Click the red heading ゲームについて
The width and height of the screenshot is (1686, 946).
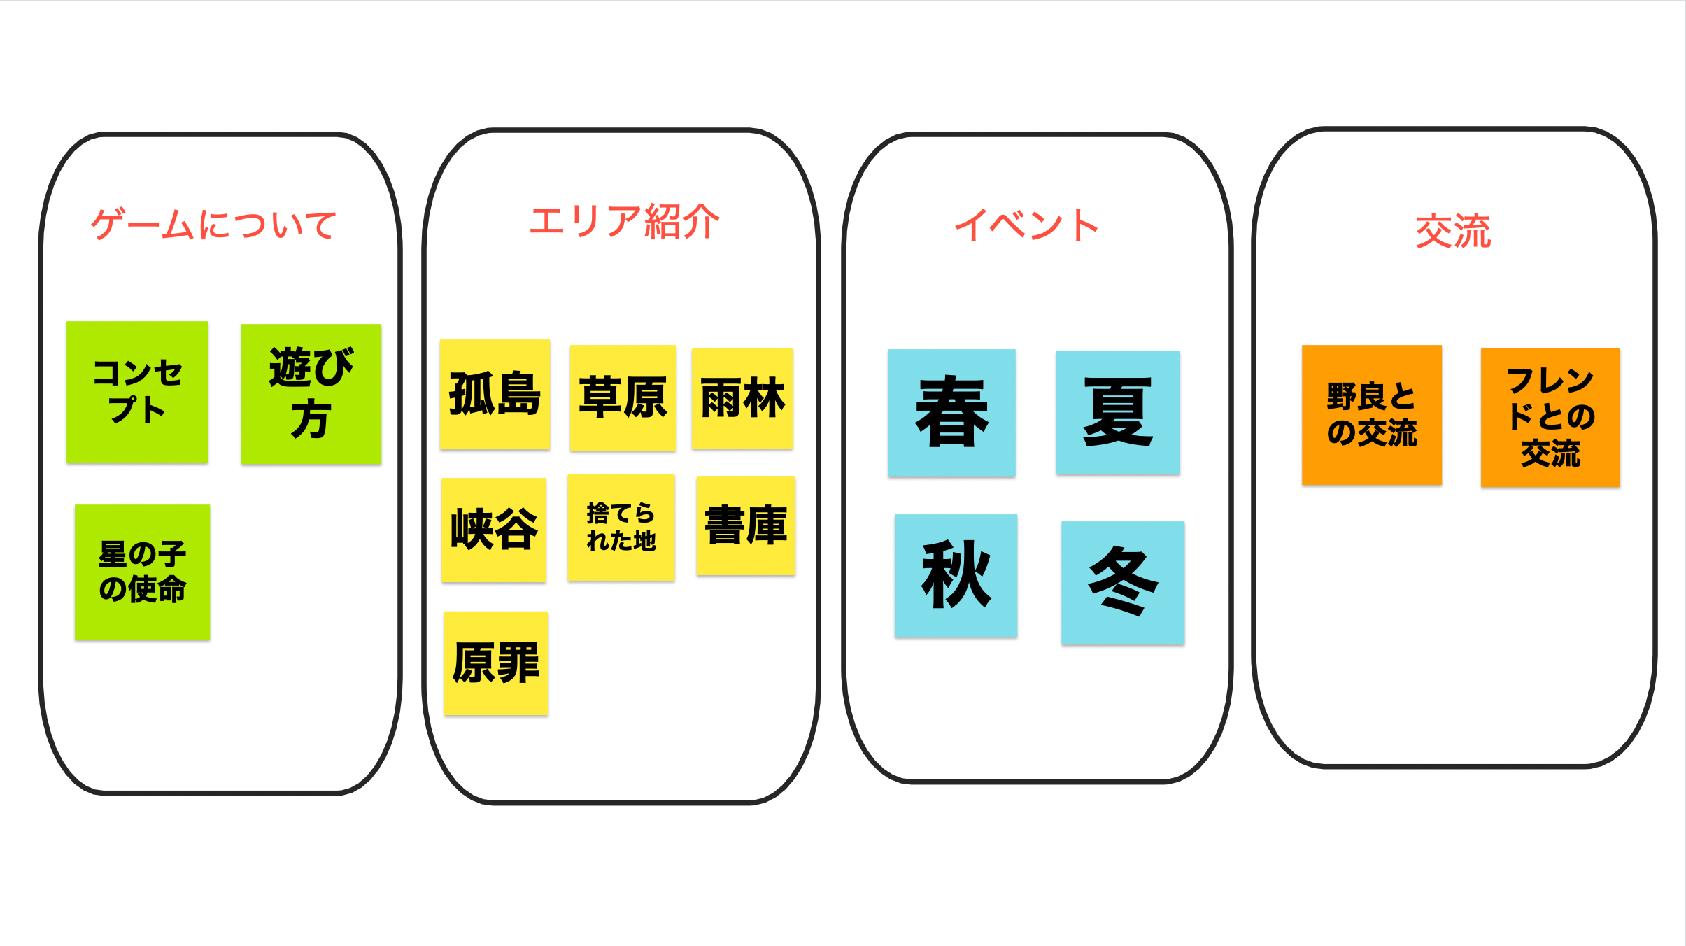click(x=213, y=225)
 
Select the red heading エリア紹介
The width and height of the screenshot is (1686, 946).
click(x=624, y=222)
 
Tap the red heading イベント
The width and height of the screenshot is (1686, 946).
click(x=1026, y=225)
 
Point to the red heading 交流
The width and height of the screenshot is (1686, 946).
click(x=1453, y=231)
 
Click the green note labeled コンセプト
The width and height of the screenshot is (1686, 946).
click(x=137, y=392)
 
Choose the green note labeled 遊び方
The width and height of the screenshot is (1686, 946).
click(x=311, y=394)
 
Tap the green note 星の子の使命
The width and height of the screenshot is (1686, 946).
click(x=142, y=572)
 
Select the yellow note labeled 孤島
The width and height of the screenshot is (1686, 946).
click(x=495, y=394)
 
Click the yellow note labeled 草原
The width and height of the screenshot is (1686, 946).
click(x=623, y=397)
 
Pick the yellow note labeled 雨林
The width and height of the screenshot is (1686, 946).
click(x=742, y=398)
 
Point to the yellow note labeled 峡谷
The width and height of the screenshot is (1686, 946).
click(x=493, y=530)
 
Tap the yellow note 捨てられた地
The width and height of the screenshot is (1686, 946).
click(x=621, y=527)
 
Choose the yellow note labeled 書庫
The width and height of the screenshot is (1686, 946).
click(x=746, y=525)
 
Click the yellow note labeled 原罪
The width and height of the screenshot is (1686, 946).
click(x=496, y=663)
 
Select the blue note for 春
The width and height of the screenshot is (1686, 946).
click(x=951, y=413)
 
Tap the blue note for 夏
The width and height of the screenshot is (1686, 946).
click(x=1117, y=412)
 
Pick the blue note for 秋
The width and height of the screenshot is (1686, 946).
click(x=956, y=575)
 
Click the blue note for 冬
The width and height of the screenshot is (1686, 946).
click(x=1123, y=583)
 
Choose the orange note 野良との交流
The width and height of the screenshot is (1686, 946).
click(x=1371, y=415)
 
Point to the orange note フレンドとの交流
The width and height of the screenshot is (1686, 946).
click(x=1550, y=417)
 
